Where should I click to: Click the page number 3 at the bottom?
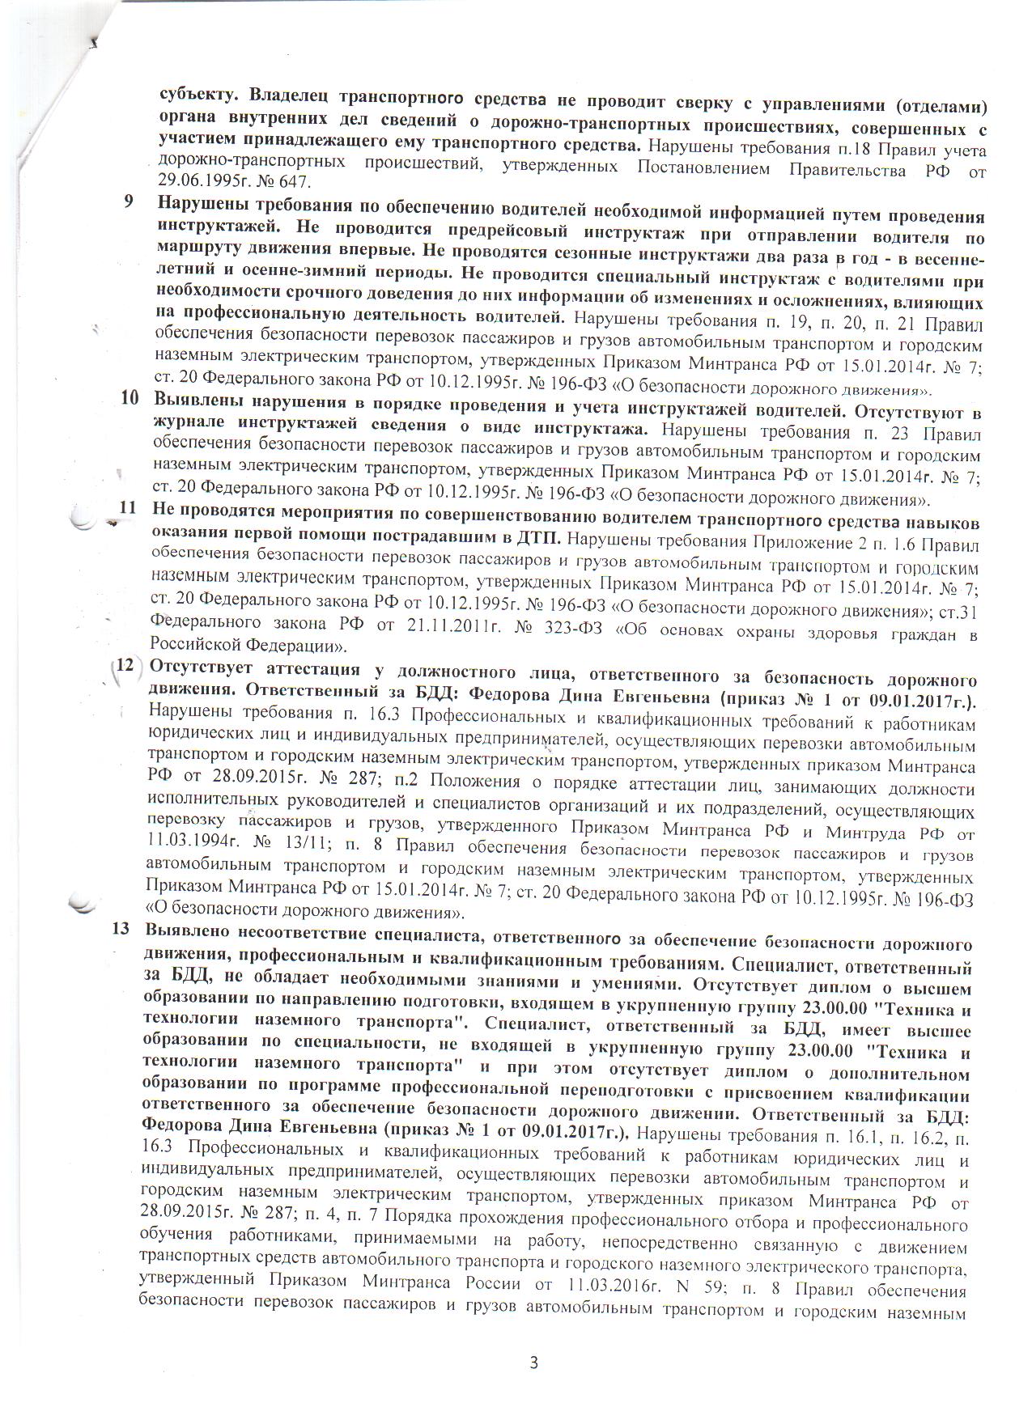[533, 1361]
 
